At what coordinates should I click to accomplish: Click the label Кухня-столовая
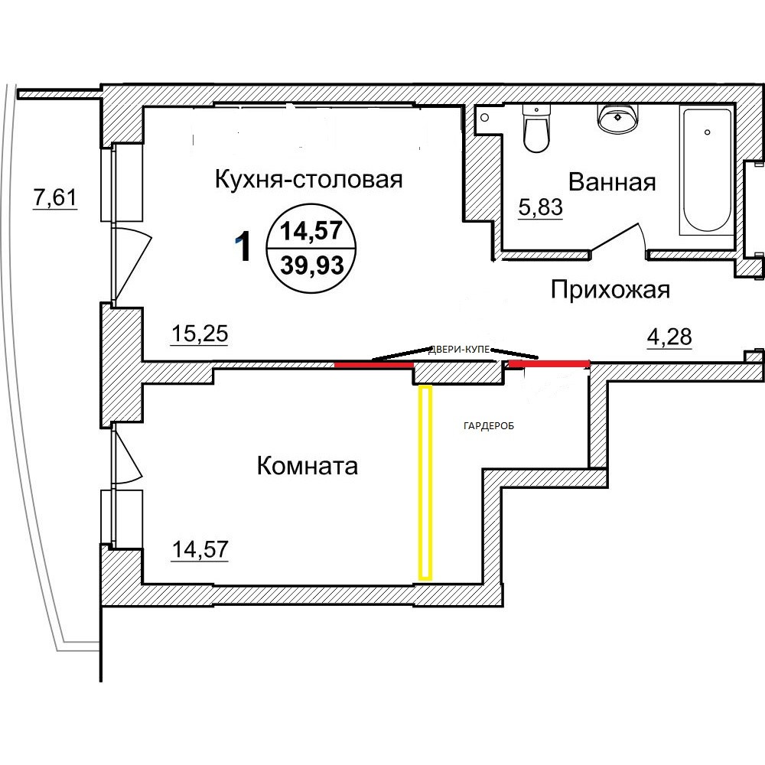309,180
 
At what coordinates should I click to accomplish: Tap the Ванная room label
612,182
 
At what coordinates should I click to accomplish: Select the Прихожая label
610,290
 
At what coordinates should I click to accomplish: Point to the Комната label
308,466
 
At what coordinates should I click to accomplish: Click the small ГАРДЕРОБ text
488,426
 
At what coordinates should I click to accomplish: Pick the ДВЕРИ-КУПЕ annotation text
459,350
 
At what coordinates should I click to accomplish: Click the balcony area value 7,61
55,197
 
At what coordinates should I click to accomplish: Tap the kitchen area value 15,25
200,334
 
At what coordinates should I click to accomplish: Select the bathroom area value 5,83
541,207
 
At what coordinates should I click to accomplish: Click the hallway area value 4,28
669,337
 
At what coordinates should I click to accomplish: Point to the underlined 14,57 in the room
200,549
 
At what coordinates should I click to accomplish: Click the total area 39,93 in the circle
312,266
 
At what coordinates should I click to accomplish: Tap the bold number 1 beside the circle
243,246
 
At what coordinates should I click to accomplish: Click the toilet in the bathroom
536,128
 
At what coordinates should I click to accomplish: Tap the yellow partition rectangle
425,483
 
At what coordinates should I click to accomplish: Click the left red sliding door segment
374,364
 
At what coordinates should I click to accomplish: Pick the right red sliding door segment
549,363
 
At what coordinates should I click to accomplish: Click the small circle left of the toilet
484,118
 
